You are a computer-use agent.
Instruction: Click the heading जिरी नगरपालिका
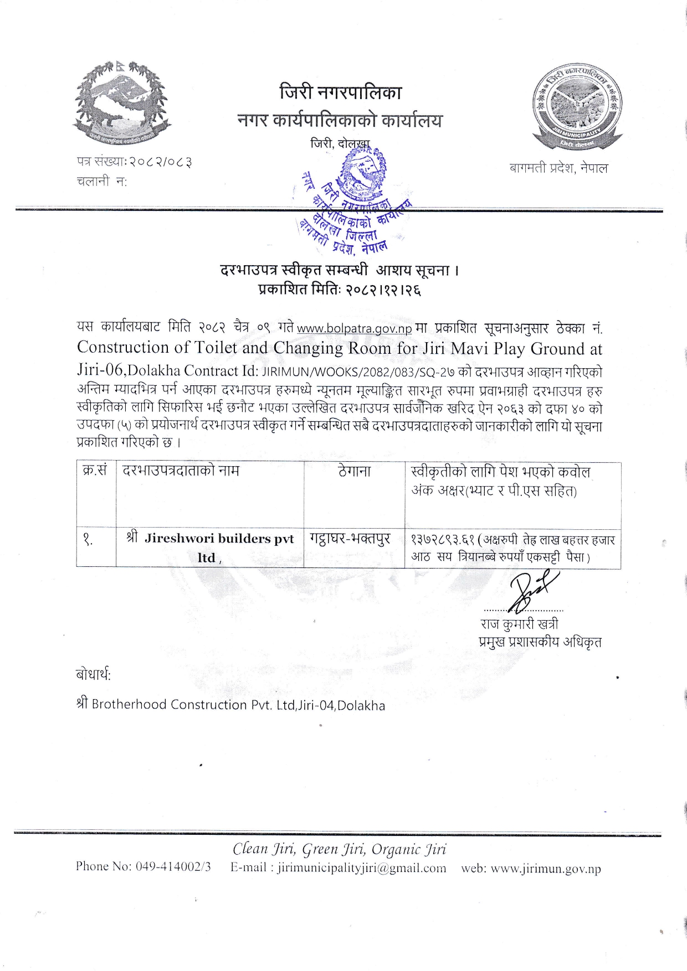tap(340, 92)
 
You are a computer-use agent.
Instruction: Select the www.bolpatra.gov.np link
tap(354, 329)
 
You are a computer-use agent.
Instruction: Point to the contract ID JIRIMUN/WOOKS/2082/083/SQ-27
tap(358, 371)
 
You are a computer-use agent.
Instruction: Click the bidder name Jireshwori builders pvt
tap(219, 539)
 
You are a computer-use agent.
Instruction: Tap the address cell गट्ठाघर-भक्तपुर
tap(350, 539)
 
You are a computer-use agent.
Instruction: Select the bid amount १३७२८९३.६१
tap(443, 540)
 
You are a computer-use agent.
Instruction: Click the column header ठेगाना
tap(354, 472)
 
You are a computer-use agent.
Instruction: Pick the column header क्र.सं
tap(94, 471)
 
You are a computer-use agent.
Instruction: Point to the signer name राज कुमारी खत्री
tap(519, 624)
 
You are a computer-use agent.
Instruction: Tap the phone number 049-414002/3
tap(173, 867)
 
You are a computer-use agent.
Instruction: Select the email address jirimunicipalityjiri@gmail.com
tap(362, 868)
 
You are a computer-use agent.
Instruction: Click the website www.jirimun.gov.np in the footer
tap(546, 869)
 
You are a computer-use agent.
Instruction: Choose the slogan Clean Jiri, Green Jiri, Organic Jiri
tap(339, 849)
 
